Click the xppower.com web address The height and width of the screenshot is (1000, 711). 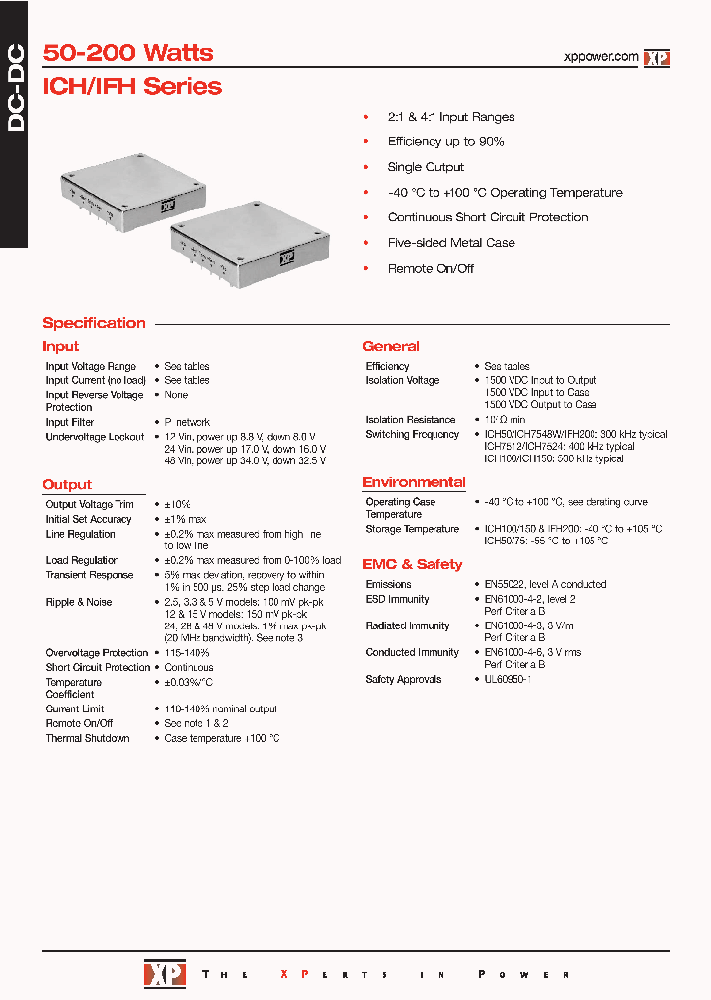[x=600, y=57]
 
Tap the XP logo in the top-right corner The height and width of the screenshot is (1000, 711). [x=657, y=58]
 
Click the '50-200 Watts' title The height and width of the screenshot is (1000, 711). [x=128, y=53]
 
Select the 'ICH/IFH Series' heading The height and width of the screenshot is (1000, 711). [x=132, y=86]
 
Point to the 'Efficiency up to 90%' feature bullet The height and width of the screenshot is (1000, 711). [x=445, y=141]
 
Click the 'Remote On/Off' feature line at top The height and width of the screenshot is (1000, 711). [x=431, y=268]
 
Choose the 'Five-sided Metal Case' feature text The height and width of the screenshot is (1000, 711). [x=451, y=242]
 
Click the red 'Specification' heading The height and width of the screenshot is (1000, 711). [x=94, y=323]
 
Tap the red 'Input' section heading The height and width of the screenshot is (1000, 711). [x=60, y=346]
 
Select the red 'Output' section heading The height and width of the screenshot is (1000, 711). [x=67, y=485]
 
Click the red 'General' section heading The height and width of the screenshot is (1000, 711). [x=391, y=346]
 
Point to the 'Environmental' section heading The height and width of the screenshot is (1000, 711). [x=414, y=482]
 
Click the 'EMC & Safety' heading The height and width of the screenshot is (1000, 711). [x=412, y=564]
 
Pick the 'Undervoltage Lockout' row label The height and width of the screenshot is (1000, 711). [x=95, y=437]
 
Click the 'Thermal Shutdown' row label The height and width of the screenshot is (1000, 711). [x=88, y=738]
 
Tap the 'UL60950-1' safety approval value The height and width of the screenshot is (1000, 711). [x=509, y=679]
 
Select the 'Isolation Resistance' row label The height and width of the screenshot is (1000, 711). [x=411, y=420]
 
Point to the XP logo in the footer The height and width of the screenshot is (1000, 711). [x=158, y=973]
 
